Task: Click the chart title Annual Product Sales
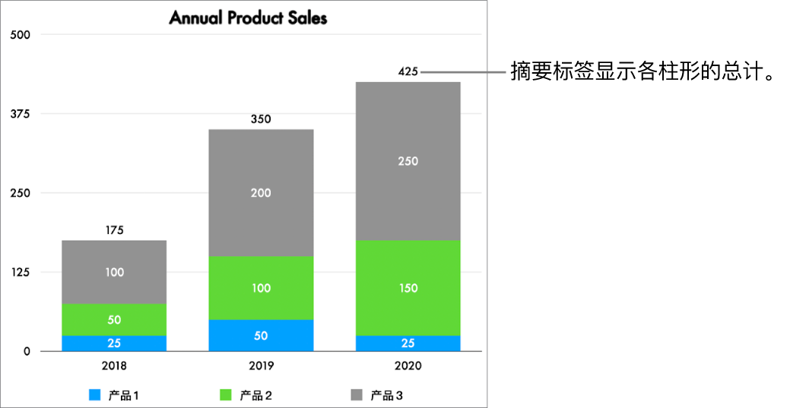(x=248, y=17)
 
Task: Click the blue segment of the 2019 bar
(x=261, y=335)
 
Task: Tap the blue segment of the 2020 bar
(x=408, y=343)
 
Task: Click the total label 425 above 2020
(x=408, y=72)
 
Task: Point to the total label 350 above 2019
(x=261, y=119)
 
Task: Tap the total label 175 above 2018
(x=114, y=230)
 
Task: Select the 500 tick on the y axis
(x=19, y=35)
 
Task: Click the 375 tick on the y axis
(x=19, y=114)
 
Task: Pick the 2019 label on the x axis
(x=261, y=365)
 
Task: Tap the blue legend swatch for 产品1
(x=95, y=395)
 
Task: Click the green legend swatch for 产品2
(x=226, y=395)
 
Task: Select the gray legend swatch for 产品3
(x=357, y=395)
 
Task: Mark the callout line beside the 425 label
(x=464, y=73)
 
